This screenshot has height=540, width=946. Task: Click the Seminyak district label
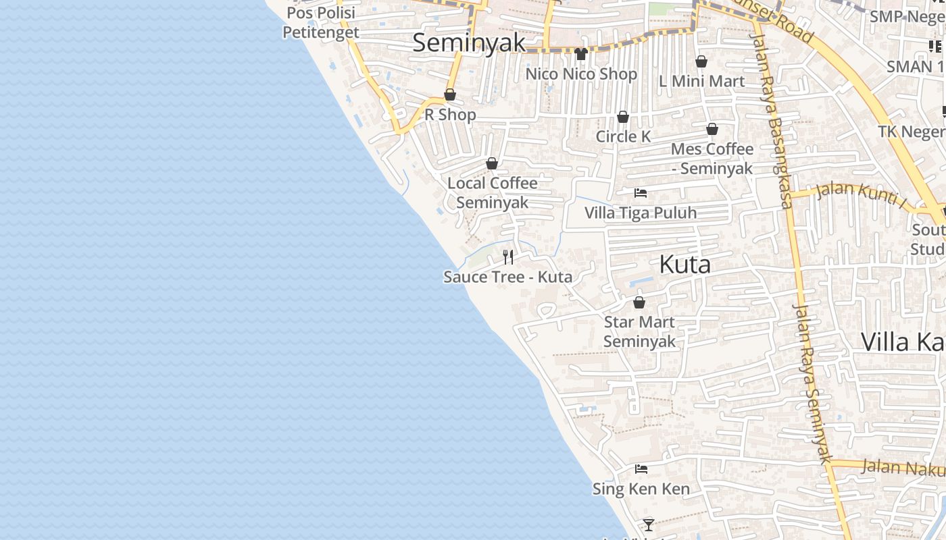[468, 43]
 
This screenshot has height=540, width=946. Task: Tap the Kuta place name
[684, 265]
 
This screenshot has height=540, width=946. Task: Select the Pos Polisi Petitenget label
[321, 22]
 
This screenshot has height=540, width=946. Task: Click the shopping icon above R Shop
[450, 94]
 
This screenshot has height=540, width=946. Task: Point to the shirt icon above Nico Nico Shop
[581, 54]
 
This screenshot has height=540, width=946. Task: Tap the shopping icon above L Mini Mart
[701, 61]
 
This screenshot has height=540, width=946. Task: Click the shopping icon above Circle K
[623, 117]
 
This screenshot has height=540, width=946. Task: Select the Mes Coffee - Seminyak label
[712, 159]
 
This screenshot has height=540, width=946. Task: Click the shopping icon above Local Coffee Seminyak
[492, 163]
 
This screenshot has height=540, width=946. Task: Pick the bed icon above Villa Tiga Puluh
[641, 193]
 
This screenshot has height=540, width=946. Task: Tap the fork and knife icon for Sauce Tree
[508, 256]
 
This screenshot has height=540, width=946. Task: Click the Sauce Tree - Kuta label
[507, 277]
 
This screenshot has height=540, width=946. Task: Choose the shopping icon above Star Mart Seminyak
[639, 302]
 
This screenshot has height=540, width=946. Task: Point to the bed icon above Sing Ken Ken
[641, 469]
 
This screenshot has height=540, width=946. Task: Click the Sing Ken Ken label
[641, 489]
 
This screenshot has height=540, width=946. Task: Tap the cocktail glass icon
[649, 524]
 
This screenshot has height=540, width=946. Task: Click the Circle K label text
[623, 136]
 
